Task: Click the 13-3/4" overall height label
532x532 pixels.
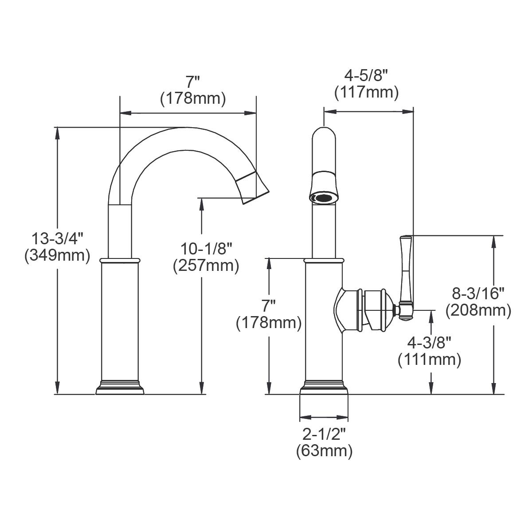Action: [x=57, y=239]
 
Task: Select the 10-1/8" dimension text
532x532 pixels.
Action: [x=206, y=249]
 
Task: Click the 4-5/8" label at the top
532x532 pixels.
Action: [x=366, y=75]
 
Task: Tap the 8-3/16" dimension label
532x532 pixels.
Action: [x=478, y=293]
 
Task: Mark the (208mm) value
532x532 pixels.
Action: [x=478, y=310]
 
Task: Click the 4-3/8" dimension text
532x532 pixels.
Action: [x=429, y=343]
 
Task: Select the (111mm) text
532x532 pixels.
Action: [x=429, y=359]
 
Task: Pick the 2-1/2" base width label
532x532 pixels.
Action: [x=324, y=434]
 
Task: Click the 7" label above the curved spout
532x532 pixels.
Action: [x=193, y=82]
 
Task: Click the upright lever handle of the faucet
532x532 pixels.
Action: [x=406, y=275]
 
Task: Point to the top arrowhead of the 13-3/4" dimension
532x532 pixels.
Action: [x=57, y=131]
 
